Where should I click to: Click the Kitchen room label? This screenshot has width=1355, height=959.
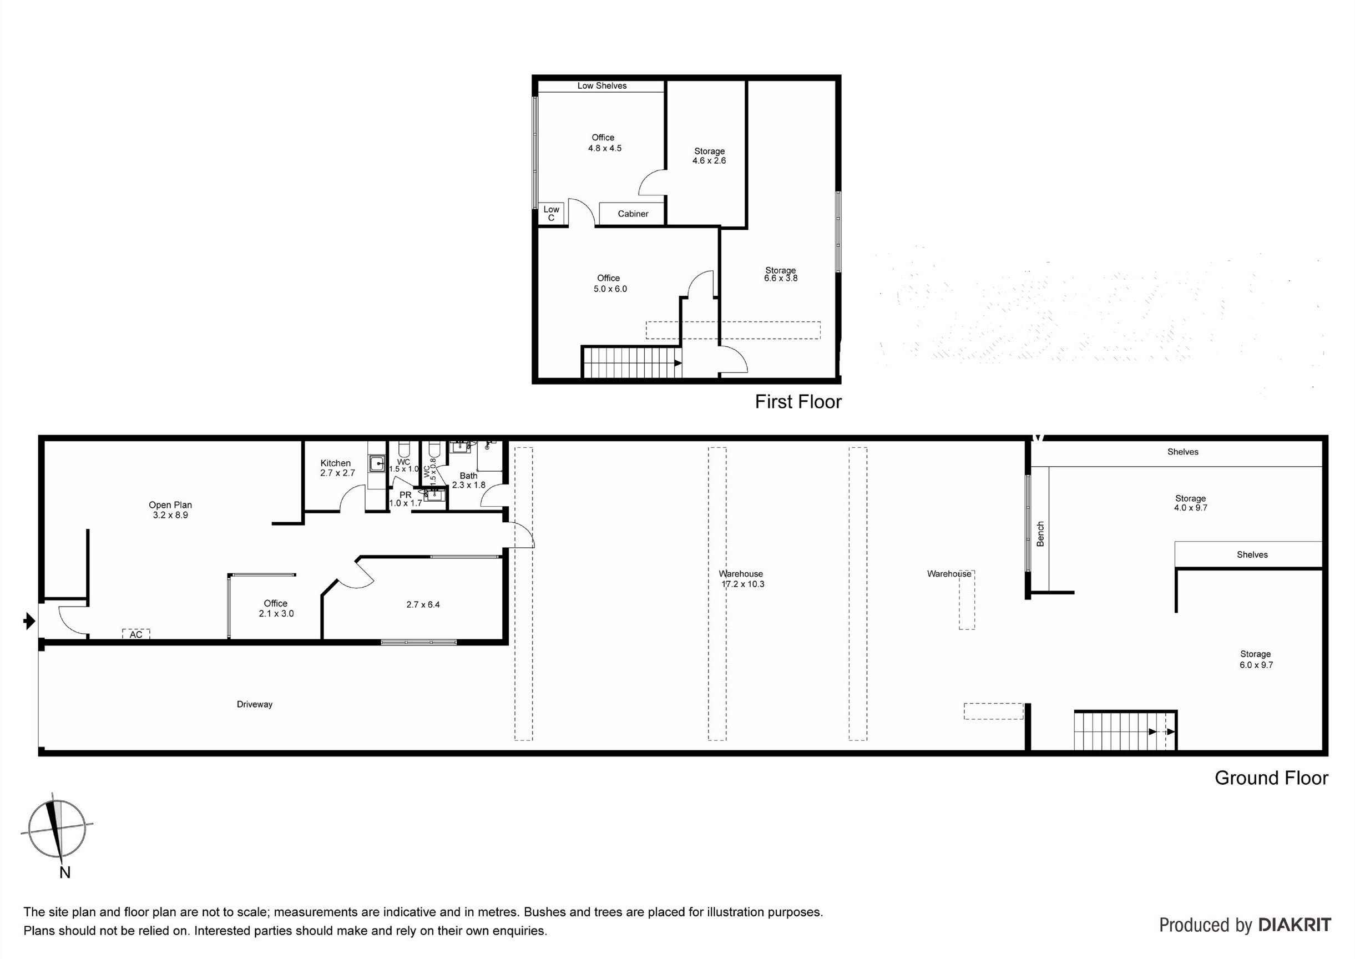[335, 463]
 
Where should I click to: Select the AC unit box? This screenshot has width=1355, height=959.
[136, 634]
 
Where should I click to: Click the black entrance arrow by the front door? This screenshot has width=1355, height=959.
[29, 620]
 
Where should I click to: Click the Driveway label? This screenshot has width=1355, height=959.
[255, 704]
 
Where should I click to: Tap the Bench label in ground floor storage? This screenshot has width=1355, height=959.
[1040, 534]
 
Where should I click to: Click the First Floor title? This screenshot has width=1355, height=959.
[798, 402]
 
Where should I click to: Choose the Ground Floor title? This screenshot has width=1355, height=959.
[1271, 778]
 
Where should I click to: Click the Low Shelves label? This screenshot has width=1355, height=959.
[601, 85]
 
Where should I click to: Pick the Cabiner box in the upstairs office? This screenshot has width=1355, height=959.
[633, 214]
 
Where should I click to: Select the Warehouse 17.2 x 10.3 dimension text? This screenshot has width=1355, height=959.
[743, 584]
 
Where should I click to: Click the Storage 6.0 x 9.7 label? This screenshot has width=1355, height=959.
[1255, 659]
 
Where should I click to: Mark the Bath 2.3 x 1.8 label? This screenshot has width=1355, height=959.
[468, 480]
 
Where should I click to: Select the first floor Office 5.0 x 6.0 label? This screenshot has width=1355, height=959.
[609, 284]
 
